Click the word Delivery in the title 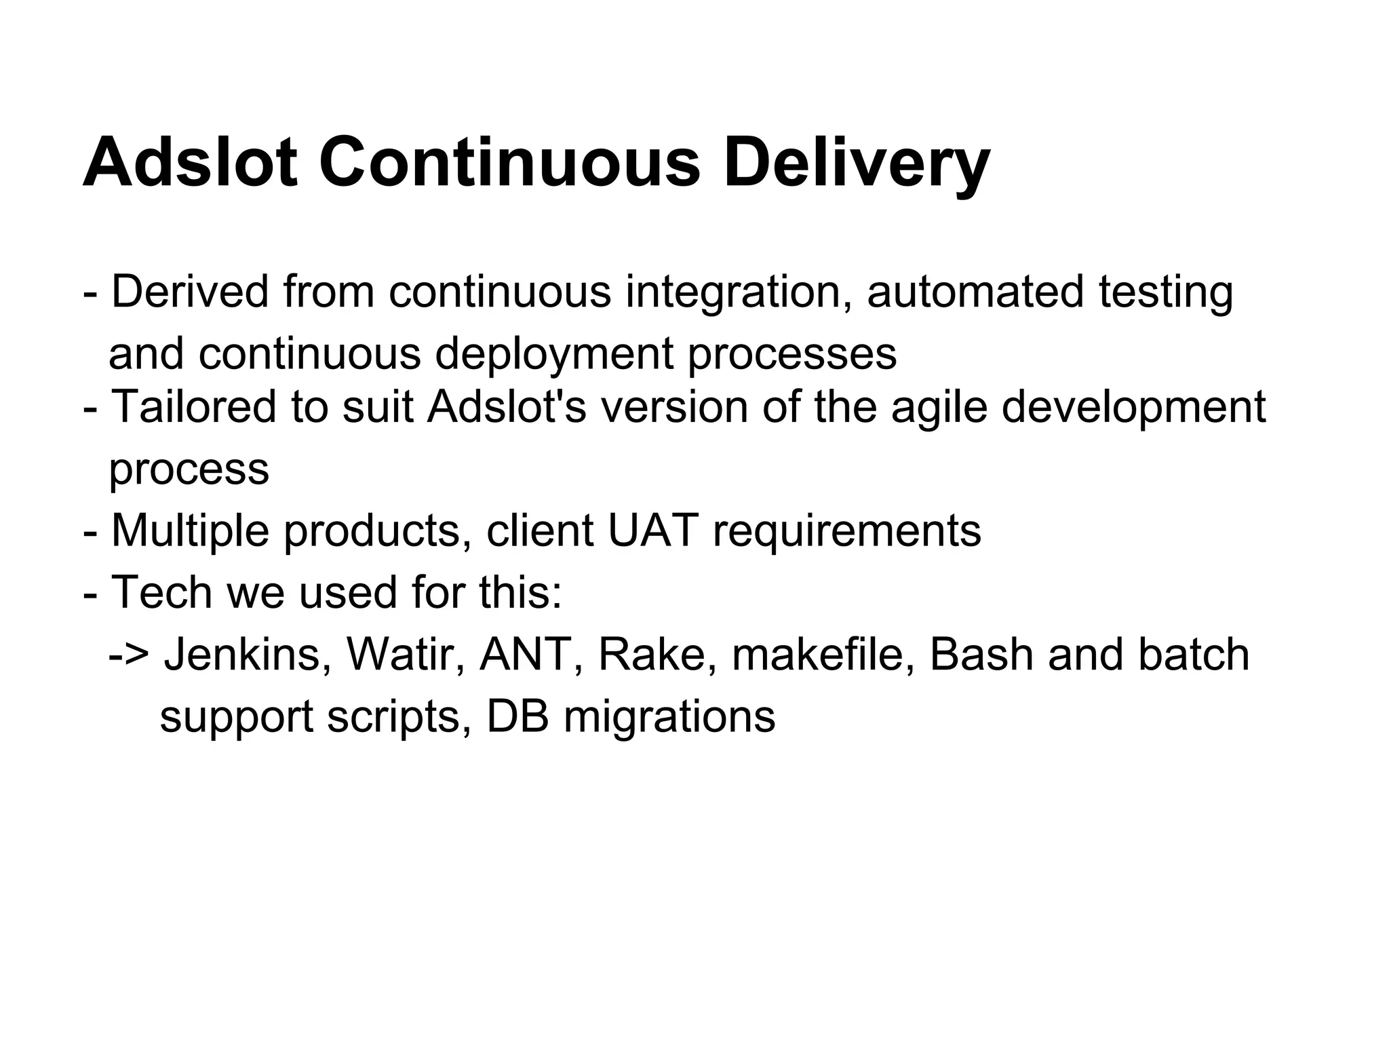click(856, 163)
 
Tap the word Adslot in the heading click(190, 163)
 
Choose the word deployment click(554, 355)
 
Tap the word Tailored click(194, 407)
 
